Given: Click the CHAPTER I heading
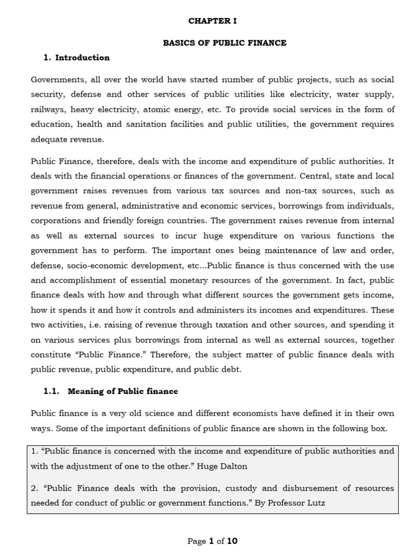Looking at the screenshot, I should coord(212,21).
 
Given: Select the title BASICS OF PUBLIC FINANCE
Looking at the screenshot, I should coord(224,43).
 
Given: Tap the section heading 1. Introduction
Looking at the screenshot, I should coord(76,57).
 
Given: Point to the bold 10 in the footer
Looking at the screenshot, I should coord(232,541).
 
